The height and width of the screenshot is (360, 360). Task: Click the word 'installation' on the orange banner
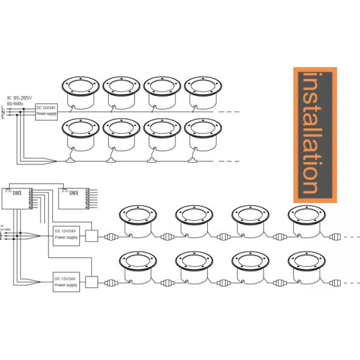(x=315, y=134)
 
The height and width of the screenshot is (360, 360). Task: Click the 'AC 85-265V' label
(x=20, y=98)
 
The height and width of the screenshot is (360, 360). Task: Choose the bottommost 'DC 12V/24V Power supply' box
(x=66, y=282)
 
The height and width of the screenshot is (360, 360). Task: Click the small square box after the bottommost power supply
(x=91, y=282)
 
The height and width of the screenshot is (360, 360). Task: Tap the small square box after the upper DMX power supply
(x=91, y=235)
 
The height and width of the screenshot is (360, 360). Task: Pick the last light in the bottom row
(x=307, y=265)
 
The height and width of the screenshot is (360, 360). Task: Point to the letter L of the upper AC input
(x=4, y=107)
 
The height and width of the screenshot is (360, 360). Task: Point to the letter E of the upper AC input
(x=4, y=117)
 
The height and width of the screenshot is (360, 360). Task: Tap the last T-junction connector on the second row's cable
(x=193, y=160)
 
